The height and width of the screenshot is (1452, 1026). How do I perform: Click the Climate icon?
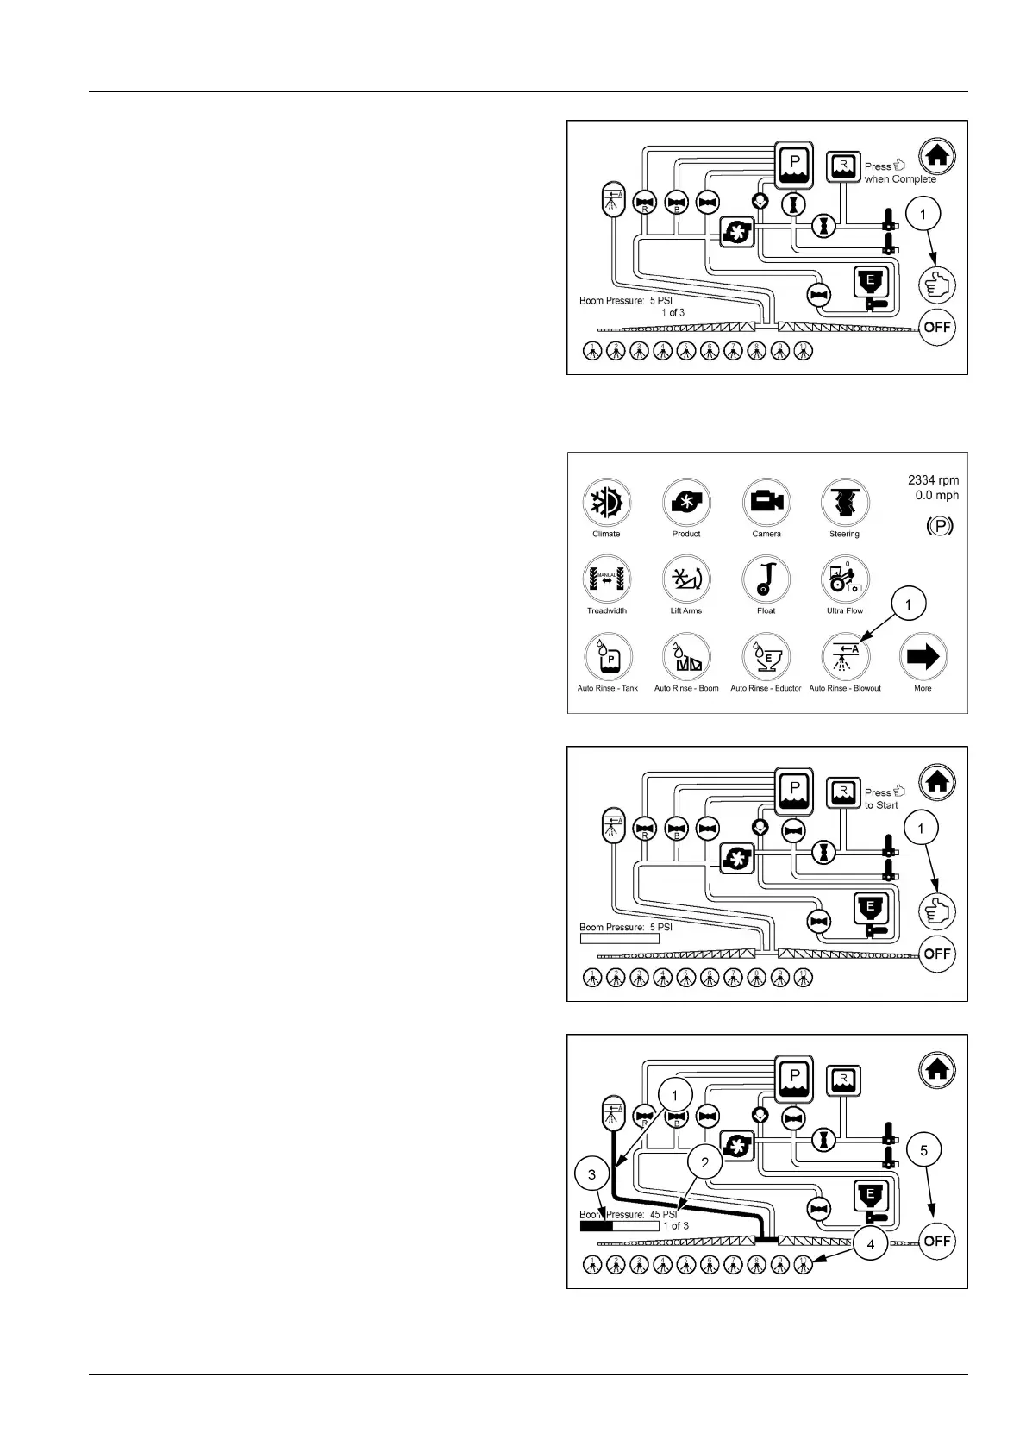pos(607,503)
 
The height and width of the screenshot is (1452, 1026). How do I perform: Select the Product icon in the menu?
pos(686,503)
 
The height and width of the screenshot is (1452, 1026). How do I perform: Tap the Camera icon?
pos(766,503)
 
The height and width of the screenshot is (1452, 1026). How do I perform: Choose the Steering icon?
pos(844,503)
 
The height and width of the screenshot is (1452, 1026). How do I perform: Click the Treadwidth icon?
pos(607,579)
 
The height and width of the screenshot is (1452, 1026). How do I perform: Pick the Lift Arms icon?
pos(686,579)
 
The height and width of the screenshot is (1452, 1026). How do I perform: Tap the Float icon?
pos(766,579)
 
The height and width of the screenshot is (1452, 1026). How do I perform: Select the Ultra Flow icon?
pos(844,579)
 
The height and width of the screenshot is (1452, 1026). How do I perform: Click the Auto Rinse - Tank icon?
pos(607,657)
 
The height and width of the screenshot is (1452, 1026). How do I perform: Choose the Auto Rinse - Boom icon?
pos(686,657)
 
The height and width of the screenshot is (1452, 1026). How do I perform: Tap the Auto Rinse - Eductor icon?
pos(766,657)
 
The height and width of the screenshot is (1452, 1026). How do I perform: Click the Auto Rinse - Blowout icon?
pos(845,657)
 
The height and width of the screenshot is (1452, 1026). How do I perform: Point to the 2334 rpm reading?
pos(933,480)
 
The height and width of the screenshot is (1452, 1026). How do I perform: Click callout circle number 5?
pos(924,1150)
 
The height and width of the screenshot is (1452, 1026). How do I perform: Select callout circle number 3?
pos(591,1174)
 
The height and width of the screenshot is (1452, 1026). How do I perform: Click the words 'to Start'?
pos(881,805)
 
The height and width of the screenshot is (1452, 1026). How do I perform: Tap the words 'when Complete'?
pos(900,179)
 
